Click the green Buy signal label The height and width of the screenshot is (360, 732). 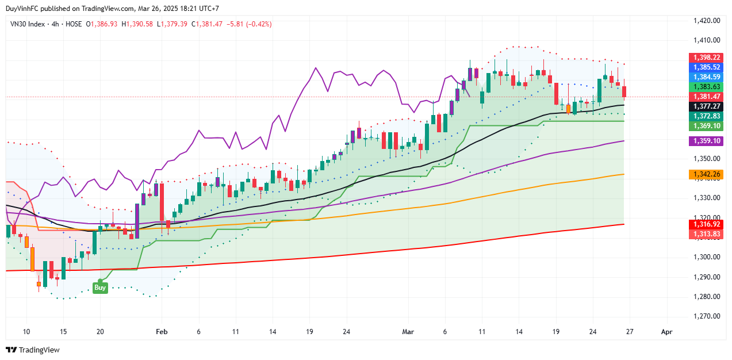click(100, 288)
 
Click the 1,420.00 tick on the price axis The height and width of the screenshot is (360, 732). click(707, 21)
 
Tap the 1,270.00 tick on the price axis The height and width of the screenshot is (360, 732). click(707, 316)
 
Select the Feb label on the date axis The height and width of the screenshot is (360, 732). click(162, 332)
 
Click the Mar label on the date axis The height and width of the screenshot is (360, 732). click(408, 332)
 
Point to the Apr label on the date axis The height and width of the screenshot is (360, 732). click(666, 332)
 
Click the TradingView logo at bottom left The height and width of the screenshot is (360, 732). click(33, 350)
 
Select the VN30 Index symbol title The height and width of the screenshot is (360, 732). click(28, 24)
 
